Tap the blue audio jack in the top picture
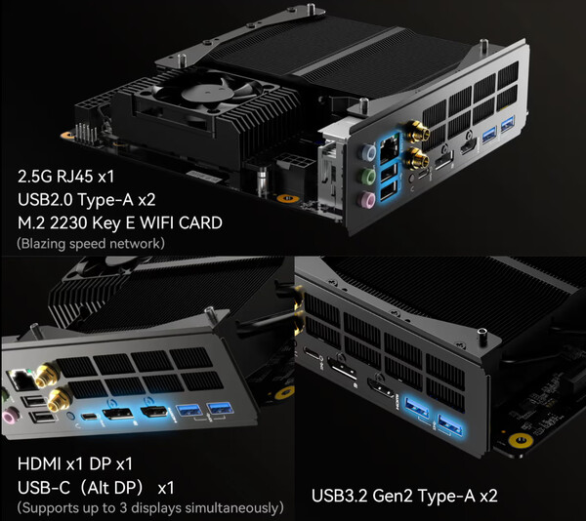pos(368,152)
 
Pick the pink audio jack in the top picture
pos(366,200)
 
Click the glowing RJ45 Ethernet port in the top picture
pos(389,147)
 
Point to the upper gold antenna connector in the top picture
pos(417,131)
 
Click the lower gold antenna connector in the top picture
pos(417,159)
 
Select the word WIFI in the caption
pos(157,222)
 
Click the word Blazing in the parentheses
pos(44,244)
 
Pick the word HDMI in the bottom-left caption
pos(39,463)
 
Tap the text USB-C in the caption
pos(44,488)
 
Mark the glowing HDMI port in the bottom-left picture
pos(154,412)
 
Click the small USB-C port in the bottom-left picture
pos(90,417)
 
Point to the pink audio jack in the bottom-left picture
pos(11,415)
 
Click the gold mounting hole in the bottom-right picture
pos(521,440)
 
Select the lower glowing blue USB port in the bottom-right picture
pos(450,425)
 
